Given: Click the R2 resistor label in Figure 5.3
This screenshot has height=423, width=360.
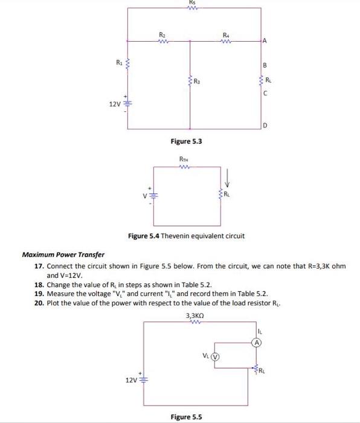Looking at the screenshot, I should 161,34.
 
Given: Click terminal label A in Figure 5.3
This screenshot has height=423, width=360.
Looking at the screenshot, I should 264,41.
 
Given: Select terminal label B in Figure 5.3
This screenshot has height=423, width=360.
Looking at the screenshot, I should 264,65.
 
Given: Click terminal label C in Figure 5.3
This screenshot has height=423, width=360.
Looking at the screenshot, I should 264,93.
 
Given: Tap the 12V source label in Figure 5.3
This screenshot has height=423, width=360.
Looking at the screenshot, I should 115,104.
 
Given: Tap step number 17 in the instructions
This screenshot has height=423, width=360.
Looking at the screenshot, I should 39,266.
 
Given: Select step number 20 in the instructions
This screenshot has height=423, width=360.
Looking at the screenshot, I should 39,302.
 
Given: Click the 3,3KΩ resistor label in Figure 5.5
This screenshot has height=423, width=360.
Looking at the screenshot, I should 194,315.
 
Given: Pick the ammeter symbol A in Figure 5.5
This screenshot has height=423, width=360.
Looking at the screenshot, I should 257,342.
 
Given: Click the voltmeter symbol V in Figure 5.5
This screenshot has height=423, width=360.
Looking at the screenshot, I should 214,355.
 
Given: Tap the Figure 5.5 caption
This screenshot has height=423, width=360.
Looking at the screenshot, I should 187,417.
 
